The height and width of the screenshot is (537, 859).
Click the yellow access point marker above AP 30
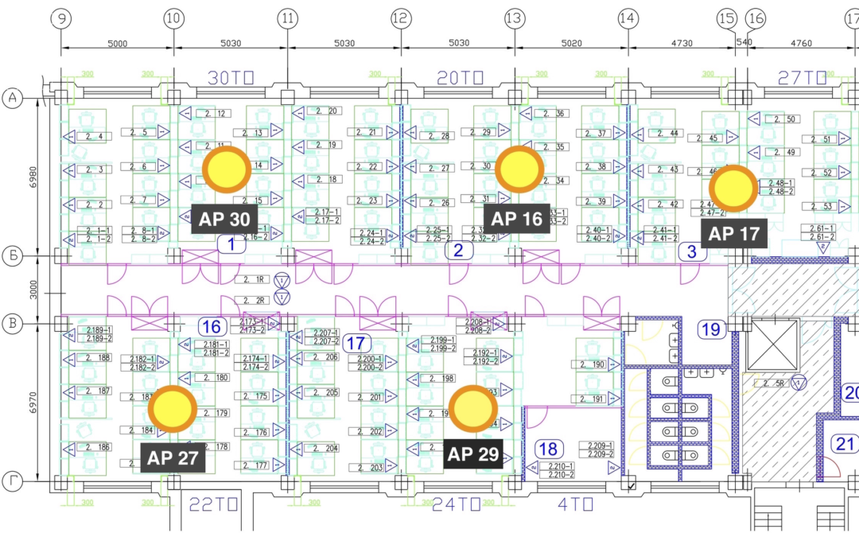tap(227, 169)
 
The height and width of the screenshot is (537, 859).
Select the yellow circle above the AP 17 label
tap(733, 189)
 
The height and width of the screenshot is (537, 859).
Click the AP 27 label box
tap(173, 457)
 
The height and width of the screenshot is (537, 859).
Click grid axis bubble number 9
tap(61, 18)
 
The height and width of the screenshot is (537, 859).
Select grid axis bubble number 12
tap(401, 18)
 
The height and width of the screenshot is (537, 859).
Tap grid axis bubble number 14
tap(628, 18)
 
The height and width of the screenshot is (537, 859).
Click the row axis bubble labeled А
tap(13, 98)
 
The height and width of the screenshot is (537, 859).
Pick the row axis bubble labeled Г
tap(13, 482)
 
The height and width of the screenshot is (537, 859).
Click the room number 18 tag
tap(549, 449)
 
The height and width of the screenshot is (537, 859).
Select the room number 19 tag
tap(710, 329)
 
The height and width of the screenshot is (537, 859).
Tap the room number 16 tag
tap(212, 327)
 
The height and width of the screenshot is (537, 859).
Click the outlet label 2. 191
tap(593, 399)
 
